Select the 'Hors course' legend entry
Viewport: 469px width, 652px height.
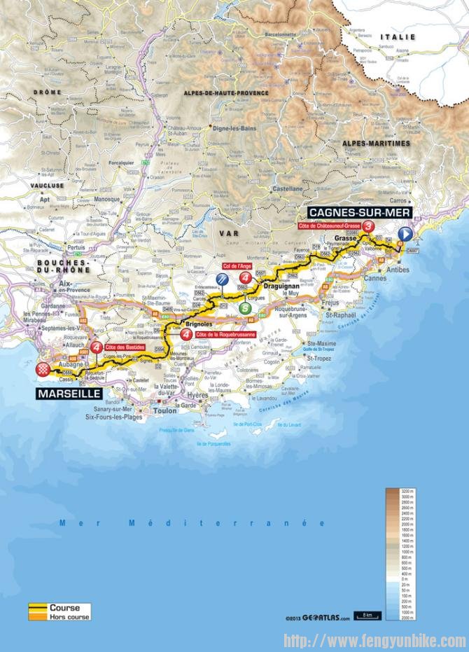click(x=65, y=616)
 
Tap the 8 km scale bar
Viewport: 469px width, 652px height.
click(x=365, y=616)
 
